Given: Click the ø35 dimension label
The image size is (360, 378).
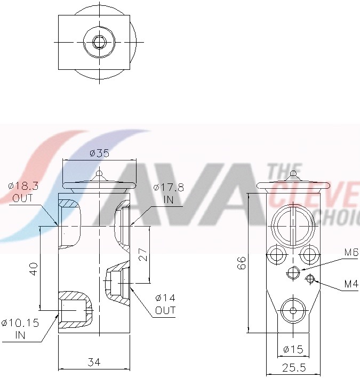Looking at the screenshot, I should click(x=99, y=154).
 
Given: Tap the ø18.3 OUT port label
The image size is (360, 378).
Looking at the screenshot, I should click(x=23, y=192).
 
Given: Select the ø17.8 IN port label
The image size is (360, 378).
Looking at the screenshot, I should click(x=168, y=192).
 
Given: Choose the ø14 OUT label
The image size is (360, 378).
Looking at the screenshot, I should click(x=165, y=304).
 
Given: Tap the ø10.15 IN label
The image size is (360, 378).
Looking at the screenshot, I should click(x=20, y=328).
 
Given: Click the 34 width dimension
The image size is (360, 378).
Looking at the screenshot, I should click(x=94, y=363).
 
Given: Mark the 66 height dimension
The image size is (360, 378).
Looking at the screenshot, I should click(x=242, y=262).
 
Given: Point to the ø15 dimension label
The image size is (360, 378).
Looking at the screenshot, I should click(x=293, y=350).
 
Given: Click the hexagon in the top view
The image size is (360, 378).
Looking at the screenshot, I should click(x=98, y=42).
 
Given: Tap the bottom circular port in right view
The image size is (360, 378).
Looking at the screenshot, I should click(x=292, y=311).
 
